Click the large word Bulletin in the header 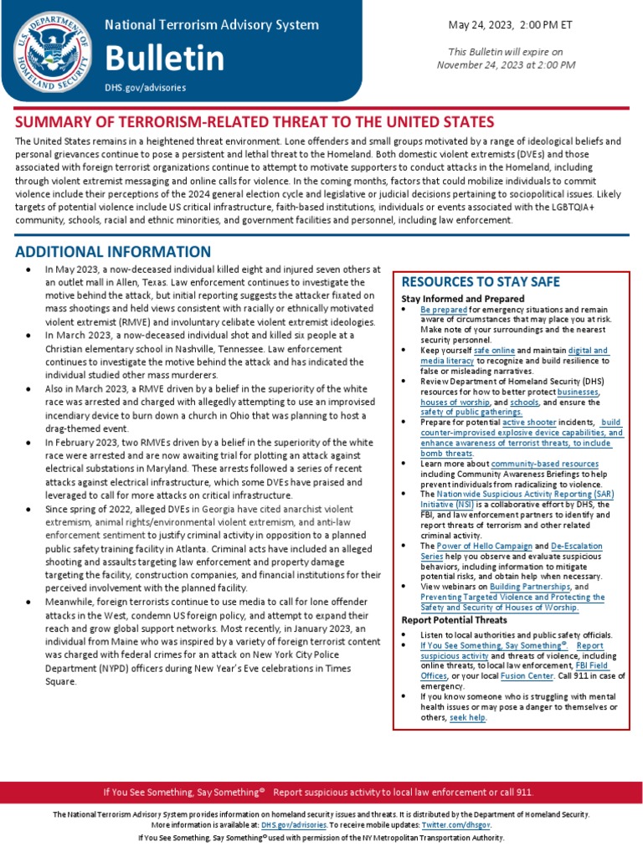(x=164, y=59)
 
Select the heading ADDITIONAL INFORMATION (x=113, y=252)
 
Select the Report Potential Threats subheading (x=454, y=620)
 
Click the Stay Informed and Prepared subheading (x=463, y=299)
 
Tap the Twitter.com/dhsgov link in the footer (x=470, y=824)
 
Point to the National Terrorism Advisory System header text (x=211, y=25)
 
